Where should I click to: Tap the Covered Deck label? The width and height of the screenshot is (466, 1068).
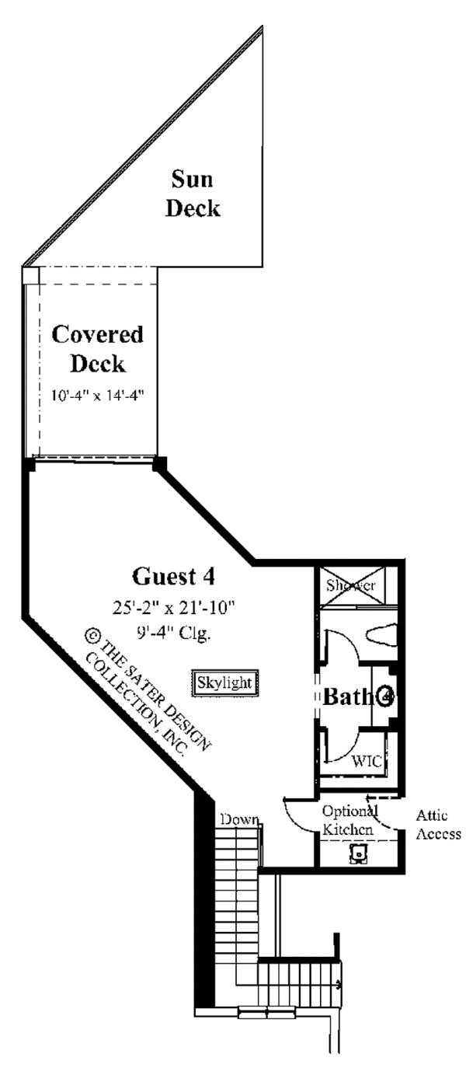tap(97, 349)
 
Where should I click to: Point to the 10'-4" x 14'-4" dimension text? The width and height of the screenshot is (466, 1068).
tap(97, 395)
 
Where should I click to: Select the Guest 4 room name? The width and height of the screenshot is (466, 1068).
tap(173, 577)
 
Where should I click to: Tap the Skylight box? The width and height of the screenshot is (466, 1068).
tap(224, 682)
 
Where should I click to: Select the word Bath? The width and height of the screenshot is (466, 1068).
tap(348, 697)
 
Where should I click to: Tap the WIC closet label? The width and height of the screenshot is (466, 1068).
tap(367, 761)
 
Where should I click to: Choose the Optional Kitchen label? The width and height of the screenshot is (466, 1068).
tap(349, 821)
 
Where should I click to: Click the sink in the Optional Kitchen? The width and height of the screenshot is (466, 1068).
tap(358, 853)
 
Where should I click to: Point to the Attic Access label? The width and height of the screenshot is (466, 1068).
tap(438, 825)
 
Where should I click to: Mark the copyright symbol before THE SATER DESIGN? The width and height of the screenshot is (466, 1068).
tap(92, 637)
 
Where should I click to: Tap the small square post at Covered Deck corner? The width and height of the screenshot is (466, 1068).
tap(29, 276)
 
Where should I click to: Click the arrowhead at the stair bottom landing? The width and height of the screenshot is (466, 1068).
tap(339, 985)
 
